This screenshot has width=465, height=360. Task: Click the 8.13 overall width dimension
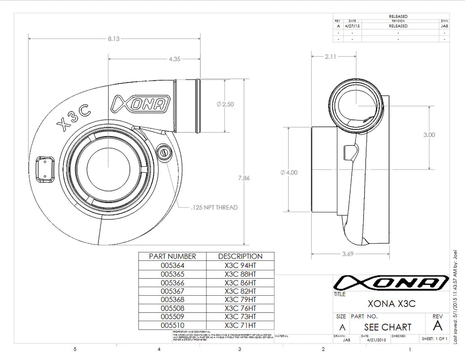113,38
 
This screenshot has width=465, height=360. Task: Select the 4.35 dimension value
175,59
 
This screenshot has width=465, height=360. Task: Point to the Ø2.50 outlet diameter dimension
225,104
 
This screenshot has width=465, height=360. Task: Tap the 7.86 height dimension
244,178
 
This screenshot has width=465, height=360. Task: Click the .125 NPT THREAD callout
214,207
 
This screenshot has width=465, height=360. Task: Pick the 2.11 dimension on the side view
330,56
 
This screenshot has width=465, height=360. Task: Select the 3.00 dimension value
429,135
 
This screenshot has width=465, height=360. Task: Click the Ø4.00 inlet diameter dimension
289,173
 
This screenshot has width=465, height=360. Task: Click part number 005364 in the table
172,265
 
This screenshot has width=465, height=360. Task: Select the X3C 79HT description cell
240,300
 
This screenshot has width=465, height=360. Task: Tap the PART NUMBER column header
172,256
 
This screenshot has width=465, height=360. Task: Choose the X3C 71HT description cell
240,325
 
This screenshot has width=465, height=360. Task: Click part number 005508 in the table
172,308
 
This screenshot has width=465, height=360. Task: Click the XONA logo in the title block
391,283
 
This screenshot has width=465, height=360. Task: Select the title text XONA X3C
391,304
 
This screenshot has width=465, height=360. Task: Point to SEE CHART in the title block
387,327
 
